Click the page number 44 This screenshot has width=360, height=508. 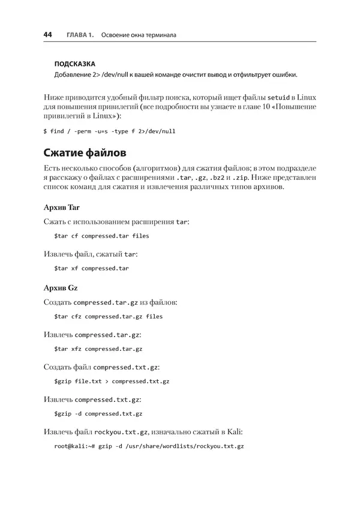pyautogui.click(x=48, y=35)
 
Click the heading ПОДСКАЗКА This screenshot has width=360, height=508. pyautogui.click(x=74, y=64)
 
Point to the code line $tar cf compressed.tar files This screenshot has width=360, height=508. pyautogui.click(x=101, y=236)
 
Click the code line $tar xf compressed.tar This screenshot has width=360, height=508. pyautogui.click(x=91, y=268)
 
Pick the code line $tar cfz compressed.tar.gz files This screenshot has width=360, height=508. pyautogui.click(x=108, y=316)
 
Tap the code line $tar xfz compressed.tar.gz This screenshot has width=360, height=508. pyautogui.click(x=98, y=348)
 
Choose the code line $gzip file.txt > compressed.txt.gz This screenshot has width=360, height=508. pyautogui.click(x=112, y=381)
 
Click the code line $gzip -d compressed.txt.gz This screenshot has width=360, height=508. pyautogui.click(x=98, y=413)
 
